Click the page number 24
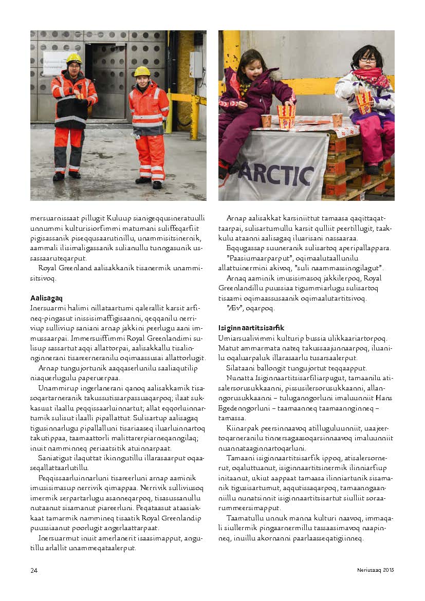(x=33, y=570)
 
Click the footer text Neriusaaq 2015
(x=376, y=570)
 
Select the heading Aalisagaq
(x=46, y=298)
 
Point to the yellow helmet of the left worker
(x=74, y=58)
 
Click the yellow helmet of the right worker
(x=142, y=71)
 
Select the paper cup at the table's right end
(x=337, y=120)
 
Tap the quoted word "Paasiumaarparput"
(x=252, y=258)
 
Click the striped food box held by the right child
(x=364, y=101)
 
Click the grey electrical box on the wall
(x=196, y=65)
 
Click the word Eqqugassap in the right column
(x=243, y=248)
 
